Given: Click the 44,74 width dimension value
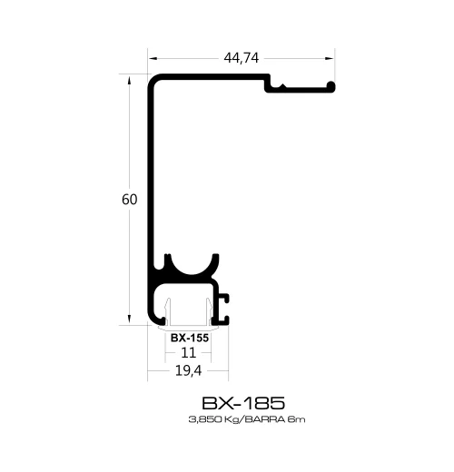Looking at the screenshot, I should point(241,58).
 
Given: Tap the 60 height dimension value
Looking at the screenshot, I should point(129,199).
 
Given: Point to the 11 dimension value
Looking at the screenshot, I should point(190,352).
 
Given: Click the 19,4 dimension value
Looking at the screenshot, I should point(190,370).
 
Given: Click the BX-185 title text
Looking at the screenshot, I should point(242,401).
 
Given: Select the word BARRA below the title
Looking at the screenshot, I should point(260,419).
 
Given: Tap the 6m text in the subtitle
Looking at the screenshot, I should point(290,419).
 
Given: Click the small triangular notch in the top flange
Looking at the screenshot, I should point(287,88).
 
